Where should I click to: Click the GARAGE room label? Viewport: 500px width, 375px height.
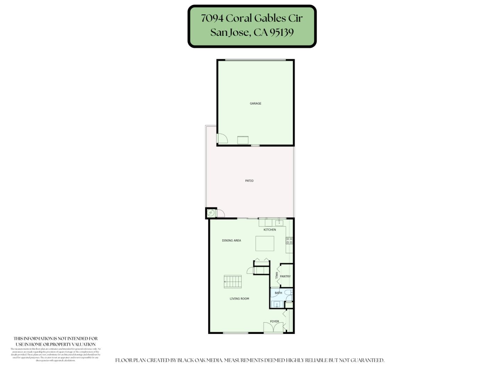pyautogui.click(x=256, y=103)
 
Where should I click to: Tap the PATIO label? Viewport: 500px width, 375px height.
pyautogui.click(x=249, y=181)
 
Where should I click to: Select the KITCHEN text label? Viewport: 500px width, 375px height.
pyautogui.click(x=270, y=230)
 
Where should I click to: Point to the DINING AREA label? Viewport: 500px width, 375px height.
pyautogui.click(x=232, y=241)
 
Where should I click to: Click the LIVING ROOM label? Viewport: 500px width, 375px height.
pyautogui.click(x=239, y=299)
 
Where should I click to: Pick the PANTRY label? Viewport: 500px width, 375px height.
pyautogui.click(x=285, y=276)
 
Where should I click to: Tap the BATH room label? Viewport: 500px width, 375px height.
pyautogui.click(x=278, y=293)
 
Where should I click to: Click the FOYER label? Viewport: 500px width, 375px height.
pyautogui.click(x=274, y=322)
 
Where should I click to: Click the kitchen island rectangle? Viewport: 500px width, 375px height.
pyautogui.click(x=265, y=243)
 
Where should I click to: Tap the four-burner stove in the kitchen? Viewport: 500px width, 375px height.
pyautogui.click(x=289, y=240)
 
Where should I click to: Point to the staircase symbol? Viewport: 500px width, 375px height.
pyautogui.click(x=233, y=282)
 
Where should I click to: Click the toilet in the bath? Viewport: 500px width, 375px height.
pyautogui.click(x=289, y=293)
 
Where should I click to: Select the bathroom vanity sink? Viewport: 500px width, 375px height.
pyautogui.click(x=277, y=305)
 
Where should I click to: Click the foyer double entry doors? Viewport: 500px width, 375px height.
pyautogui.click(x=273, y=327)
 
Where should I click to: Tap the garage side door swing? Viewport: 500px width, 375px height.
pyautogui.click(x=222, y=139)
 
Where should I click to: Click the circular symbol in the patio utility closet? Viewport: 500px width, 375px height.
pyautogui.click(x=211, y=213)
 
